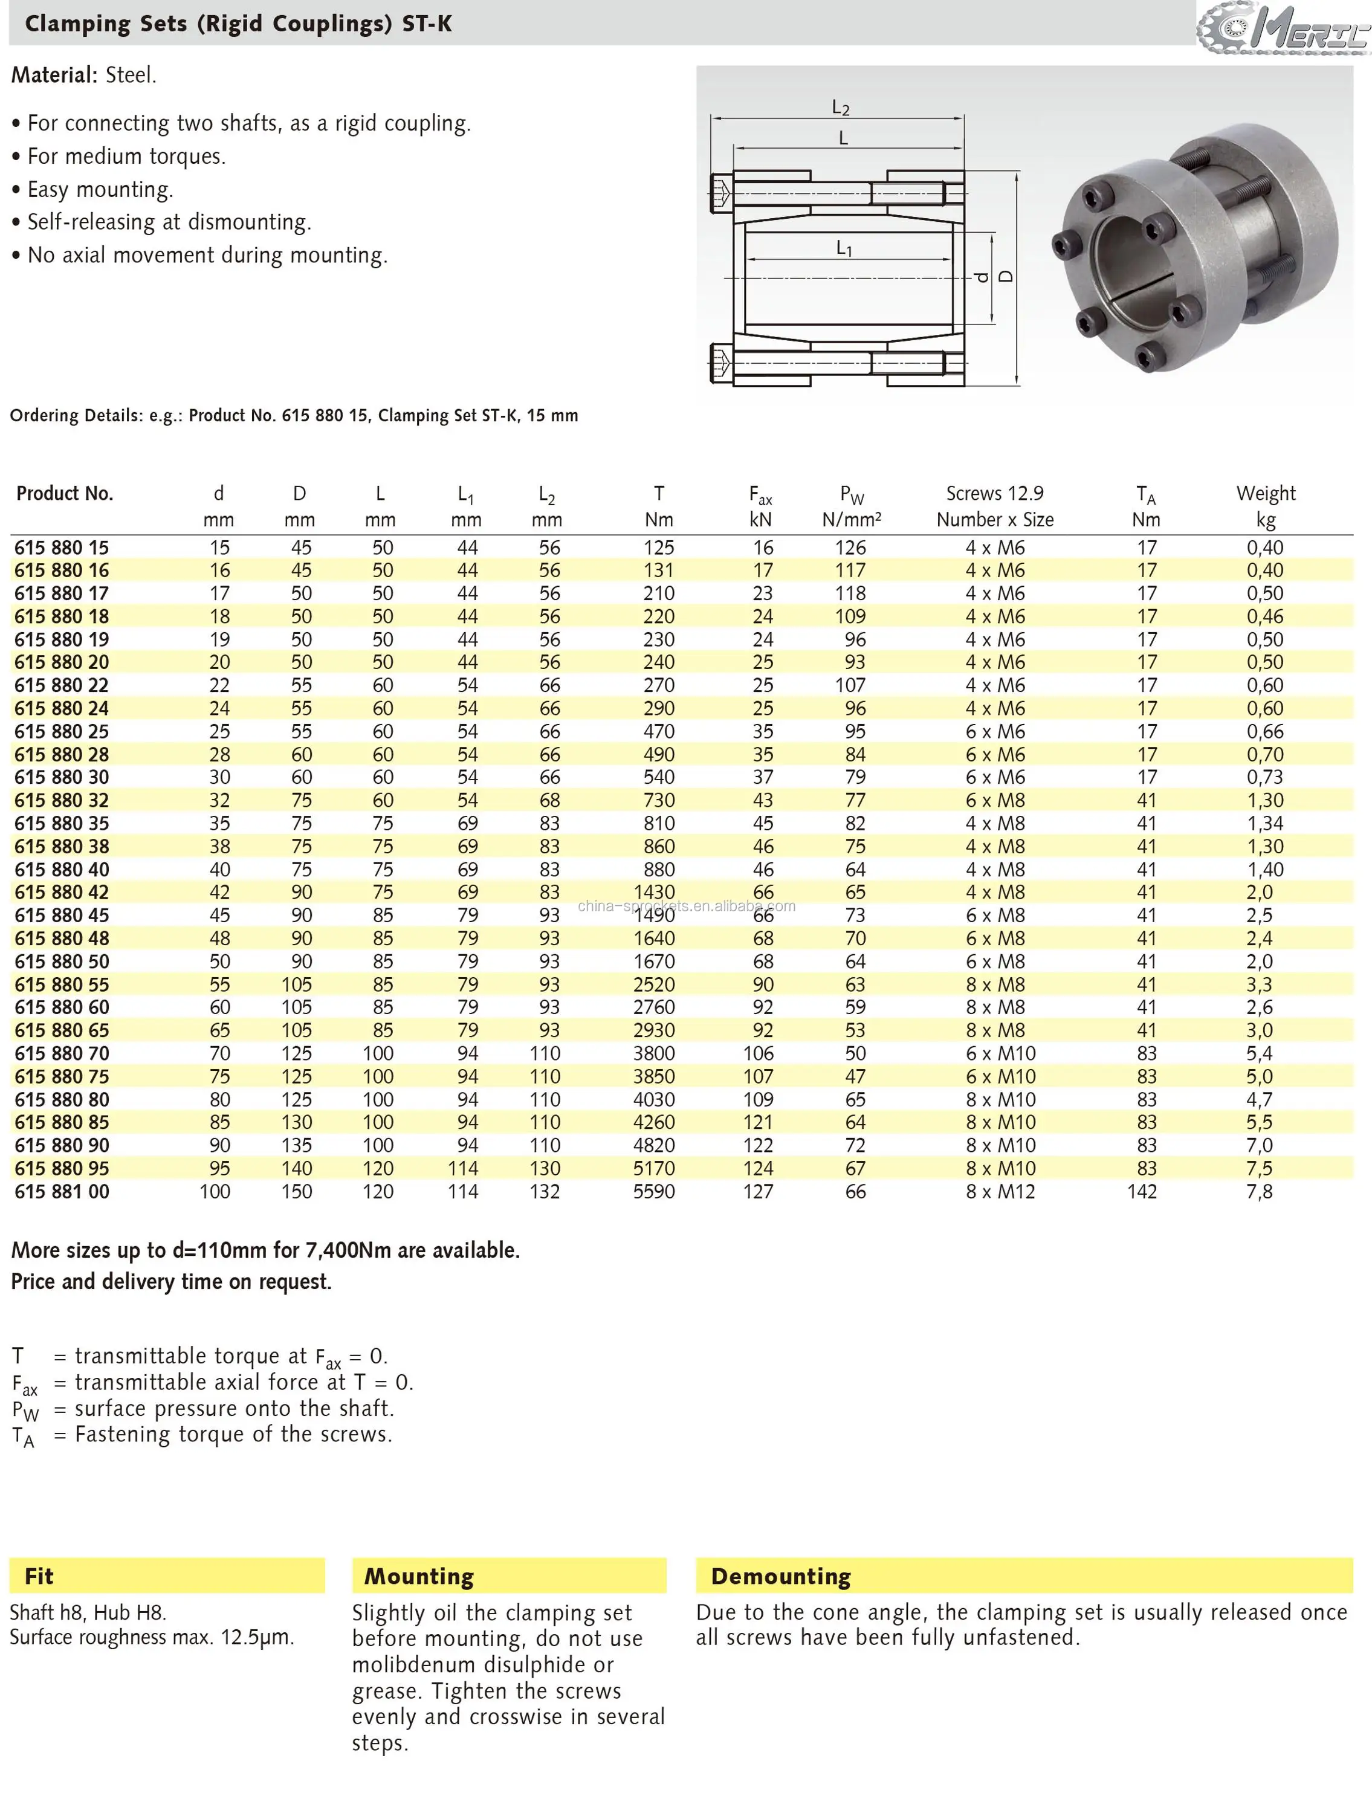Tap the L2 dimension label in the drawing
pos(840,108)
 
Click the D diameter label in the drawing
pos(1006,277)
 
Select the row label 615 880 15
pos(62,548)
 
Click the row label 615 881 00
pos(62,1192)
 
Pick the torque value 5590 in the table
pos(654,1192)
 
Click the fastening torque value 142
pos(1142,1192)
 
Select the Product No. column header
pos(65,493)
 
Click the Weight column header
pos(1266,493)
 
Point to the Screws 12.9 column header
pos(994,493)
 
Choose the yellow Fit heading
pos(39,1576)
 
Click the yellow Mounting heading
pos(419,1576)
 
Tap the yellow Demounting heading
pos(780,1576)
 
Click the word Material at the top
pos(54,76)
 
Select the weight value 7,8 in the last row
pos(1259,1192)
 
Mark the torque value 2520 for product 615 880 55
pos(654,984)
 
